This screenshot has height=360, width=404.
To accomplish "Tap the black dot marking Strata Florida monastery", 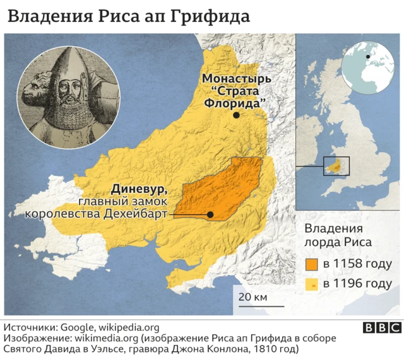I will click(x=236, y=115).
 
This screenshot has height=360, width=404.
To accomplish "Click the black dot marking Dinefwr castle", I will click(x=210, y=214).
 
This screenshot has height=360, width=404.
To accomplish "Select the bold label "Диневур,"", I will click(x=139, y=188).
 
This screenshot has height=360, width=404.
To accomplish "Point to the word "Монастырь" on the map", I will click(x=236, y=79).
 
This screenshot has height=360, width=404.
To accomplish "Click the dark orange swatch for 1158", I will click(x=312, y=264).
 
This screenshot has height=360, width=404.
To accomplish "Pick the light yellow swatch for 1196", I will click(x=312, y=284).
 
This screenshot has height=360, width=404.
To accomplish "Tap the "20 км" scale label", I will click(x=249, y=296).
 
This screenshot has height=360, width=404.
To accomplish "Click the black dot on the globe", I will click(x=367, y=55).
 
